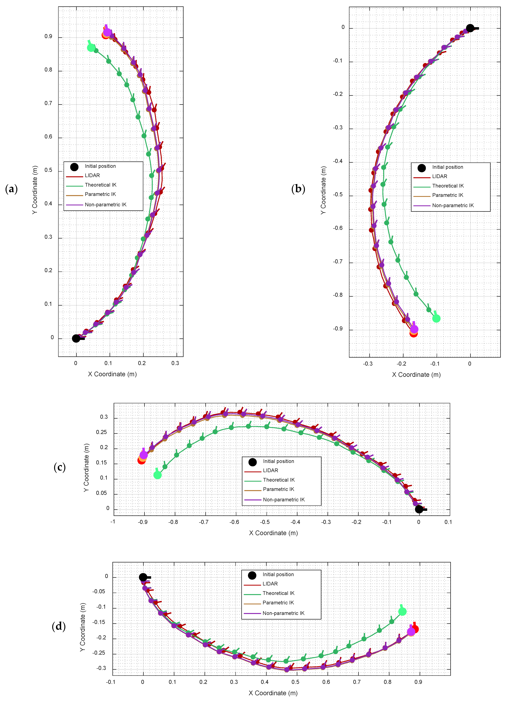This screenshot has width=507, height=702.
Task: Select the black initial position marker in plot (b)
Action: [470, 28]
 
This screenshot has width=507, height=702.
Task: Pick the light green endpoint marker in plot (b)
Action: [436, 318]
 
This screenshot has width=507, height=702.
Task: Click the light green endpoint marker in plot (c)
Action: [157, 475]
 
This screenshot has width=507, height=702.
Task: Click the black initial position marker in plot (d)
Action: [143, 577]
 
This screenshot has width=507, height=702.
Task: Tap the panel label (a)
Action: [11, 189]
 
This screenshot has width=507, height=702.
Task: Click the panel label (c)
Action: [60, 467]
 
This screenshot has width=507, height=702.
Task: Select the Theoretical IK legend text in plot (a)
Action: [101, 185]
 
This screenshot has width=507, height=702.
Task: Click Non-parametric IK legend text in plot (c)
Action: [284, 500]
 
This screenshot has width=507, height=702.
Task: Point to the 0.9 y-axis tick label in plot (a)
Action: [48, 37]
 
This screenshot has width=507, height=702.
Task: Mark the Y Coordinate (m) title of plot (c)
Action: [86, 468]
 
